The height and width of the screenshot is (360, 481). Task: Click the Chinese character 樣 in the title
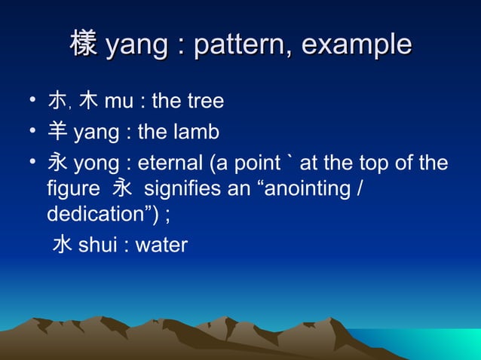tap(84, 45)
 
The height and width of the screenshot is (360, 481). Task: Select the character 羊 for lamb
tap(57, 133)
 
